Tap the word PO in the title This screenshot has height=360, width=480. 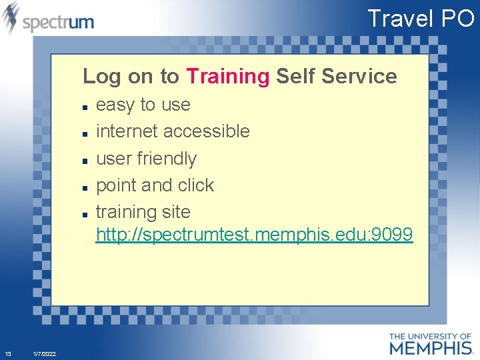tap(457, 18)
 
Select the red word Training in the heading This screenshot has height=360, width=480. tap(227, 77)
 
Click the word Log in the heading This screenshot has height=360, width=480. tap(102, 77)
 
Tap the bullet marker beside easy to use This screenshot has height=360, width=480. tap(86, 107)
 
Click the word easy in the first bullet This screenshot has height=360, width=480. tap(115, 105)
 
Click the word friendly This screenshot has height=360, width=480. tap(167, 159)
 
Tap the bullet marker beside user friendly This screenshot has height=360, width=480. tap(86, 161)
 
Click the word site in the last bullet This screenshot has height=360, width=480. tap(173, 212)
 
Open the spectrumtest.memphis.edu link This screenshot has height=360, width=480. tap(254, 235)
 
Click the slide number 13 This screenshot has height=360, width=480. tap(7, 353)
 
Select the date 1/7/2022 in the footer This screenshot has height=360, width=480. tap(44, 353)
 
